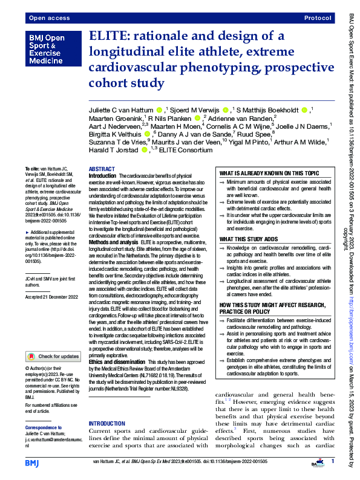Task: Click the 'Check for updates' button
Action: pyautogui.click(x=51, y=357)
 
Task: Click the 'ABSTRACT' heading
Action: pyautogui.click(x=102, y=169)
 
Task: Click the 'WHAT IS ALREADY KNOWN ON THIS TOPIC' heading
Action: pyautogui.click(x=269, y=173)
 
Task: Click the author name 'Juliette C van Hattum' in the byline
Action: pyautogui.click(x=121, y=110)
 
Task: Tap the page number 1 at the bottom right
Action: pyautogui.click(x=332, y=462)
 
